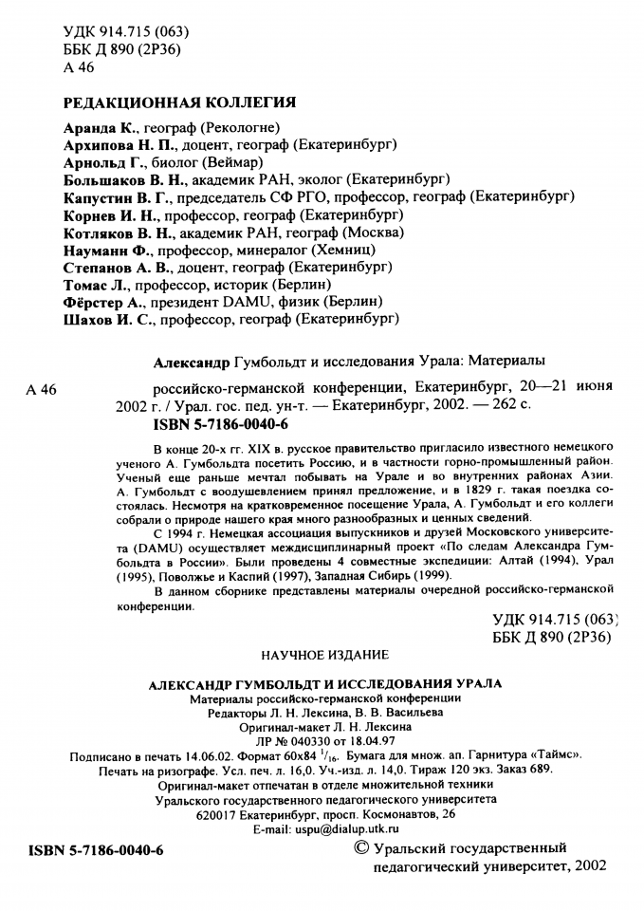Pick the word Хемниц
[x=357, y=249]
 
